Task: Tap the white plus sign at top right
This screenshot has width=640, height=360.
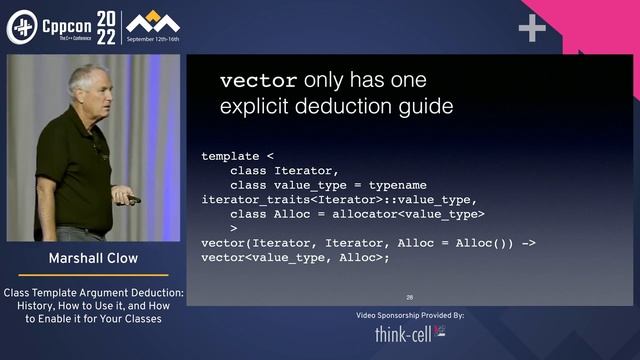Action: (x=531, y=28)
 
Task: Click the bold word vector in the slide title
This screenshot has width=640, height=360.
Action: (x=258, y=81)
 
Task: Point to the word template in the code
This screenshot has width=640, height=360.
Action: (x=230, y=156)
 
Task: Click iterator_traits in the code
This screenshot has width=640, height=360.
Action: (x=251, y=199)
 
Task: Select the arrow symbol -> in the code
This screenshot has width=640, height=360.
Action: (x=529, y=243)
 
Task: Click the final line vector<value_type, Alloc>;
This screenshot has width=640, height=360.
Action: (x=294, y=257)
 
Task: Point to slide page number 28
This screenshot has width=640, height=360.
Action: (x=410, y=297)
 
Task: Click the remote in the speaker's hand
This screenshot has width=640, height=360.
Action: (x=134, y=199)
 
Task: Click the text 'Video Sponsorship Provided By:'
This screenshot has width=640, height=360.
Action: (x=410, y=315)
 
